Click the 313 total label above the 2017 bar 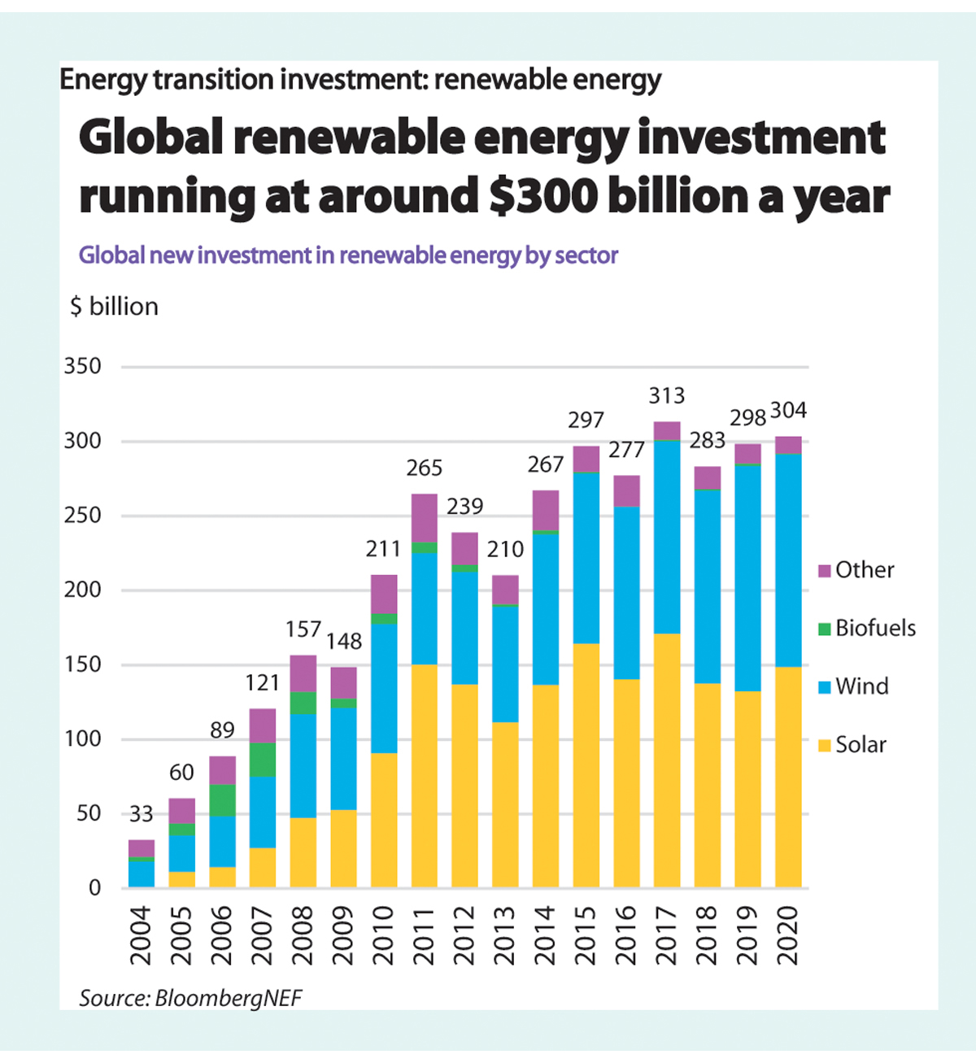666,396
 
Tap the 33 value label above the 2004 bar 141,814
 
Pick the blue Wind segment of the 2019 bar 747,578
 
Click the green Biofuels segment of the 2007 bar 263,760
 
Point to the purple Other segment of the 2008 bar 303,673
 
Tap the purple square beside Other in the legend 824,570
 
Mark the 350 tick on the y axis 83,367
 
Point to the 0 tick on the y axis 94,887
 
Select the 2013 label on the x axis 504,935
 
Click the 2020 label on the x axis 787,935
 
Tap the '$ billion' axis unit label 115,307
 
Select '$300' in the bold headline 543,197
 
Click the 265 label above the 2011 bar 424,468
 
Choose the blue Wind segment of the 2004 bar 141,873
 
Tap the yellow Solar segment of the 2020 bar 787,777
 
